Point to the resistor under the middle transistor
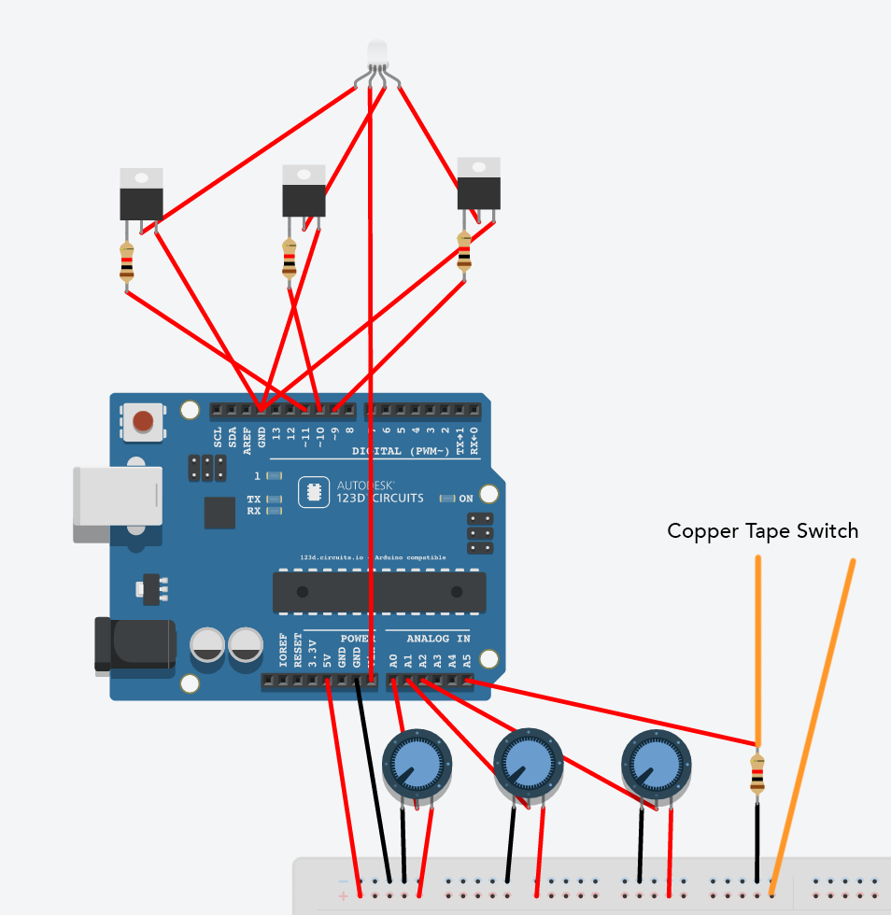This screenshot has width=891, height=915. click(x=290, y=259)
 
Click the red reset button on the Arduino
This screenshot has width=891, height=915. click(x=142, y=421)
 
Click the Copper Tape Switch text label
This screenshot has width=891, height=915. click(x=762, y=531)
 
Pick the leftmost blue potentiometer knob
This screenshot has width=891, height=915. click(x=417, y=765)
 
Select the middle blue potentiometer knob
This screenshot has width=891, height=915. click(x=527, y=764)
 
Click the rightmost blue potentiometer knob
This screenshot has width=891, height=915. click(x=656, y=764)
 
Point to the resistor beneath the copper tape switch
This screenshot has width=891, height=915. click(x=757, y=773)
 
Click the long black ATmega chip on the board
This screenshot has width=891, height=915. click(x=379, y=592)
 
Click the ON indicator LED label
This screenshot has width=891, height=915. click(x=465, y=499)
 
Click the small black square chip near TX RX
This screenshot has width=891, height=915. click(x=219, y=513)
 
